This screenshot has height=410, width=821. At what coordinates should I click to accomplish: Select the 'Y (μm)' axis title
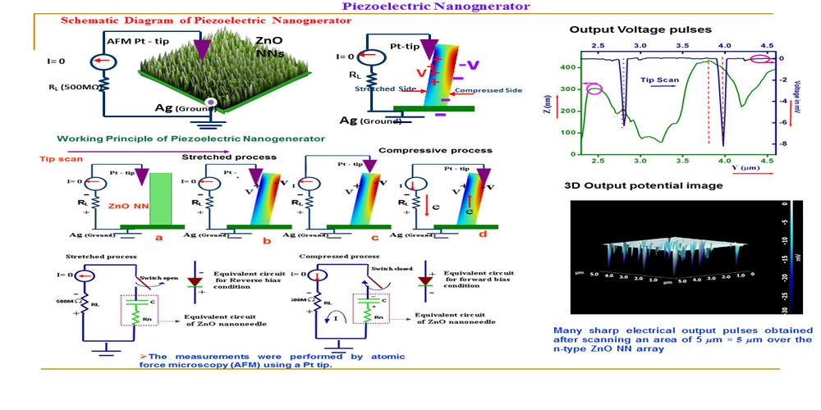point(745,168)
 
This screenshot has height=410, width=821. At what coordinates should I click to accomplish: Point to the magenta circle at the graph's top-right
point(761,58)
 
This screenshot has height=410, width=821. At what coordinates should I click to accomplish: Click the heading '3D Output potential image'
point(643,185)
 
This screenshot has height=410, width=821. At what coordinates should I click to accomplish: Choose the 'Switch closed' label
point(388,267)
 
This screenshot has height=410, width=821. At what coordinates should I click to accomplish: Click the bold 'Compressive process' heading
point(435,151)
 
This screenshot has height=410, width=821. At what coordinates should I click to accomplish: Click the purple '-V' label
point(470,63)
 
